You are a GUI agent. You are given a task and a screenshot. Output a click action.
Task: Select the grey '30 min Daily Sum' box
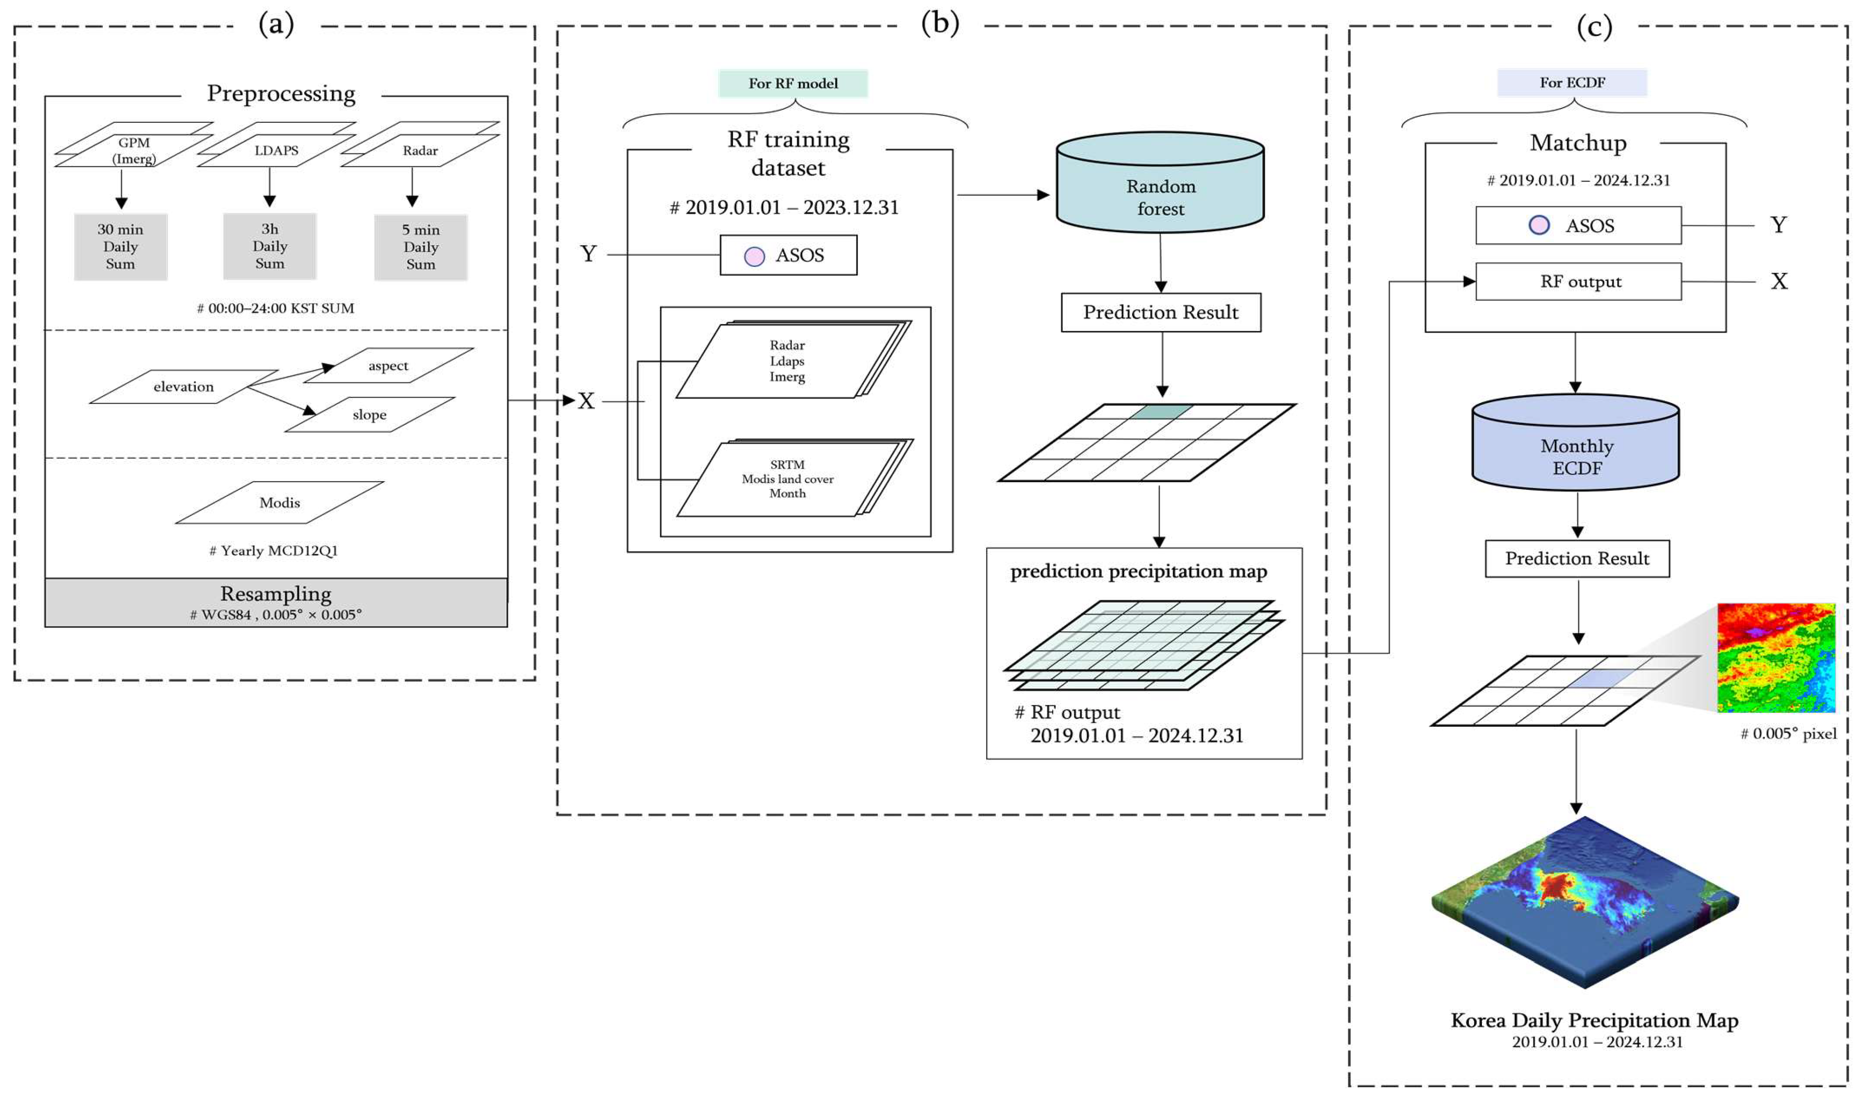click(121, 247)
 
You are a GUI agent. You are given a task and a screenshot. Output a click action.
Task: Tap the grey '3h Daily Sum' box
click(270, 246)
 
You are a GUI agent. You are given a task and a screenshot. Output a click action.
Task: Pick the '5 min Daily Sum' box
click(420, 247)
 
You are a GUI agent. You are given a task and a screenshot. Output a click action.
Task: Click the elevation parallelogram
click(183, 386)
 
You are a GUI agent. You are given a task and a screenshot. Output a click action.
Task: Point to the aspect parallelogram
click(389, 365)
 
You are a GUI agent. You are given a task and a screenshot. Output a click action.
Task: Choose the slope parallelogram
click(369, 415)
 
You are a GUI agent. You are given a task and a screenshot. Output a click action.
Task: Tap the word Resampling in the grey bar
click(276, 594)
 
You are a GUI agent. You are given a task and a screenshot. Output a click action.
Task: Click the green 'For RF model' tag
click(793, 84)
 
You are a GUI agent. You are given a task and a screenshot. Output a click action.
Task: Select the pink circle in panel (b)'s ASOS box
click(754, 256)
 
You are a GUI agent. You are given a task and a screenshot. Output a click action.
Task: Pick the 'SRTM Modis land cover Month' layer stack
click(787, 479)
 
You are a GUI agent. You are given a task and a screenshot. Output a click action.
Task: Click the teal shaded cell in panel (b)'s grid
click(1161, 411)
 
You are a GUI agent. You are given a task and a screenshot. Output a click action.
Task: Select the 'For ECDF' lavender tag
click(1571, 83)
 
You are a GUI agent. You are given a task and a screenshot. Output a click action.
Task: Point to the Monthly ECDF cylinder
click(1575, 447)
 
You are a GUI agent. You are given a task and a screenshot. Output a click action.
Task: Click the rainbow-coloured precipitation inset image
click(1775, 657)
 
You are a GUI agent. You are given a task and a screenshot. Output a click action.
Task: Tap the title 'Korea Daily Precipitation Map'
click(1594, 1020)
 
